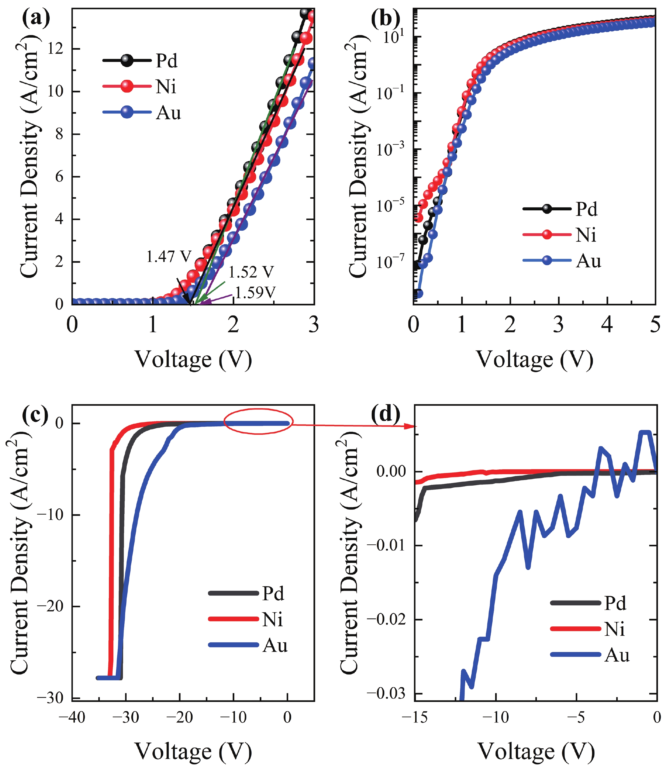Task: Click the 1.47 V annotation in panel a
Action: [169, 256]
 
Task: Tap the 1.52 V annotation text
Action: [251, 272]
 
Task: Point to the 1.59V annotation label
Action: [255, 293]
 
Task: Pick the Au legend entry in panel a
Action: [142, 112]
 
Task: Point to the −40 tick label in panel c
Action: [72, 717]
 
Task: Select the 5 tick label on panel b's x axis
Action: [655, 325]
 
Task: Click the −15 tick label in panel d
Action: [414, 717]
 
